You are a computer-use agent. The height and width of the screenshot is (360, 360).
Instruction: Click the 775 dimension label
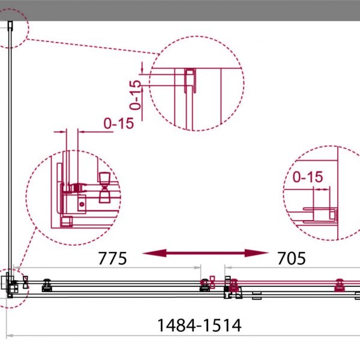click(x=113, y=259)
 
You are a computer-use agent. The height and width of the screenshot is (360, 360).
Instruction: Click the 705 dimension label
click(x=292, y=259)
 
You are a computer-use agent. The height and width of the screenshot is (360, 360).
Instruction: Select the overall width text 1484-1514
click(x=199, y=325)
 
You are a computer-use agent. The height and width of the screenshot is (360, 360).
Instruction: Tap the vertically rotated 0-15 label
click(x=135, y=95)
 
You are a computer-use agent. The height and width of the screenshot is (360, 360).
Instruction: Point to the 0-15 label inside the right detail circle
click(x=308, y=177)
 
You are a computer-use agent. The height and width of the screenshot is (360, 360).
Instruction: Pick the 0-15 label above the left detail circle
click(x=119, y=124)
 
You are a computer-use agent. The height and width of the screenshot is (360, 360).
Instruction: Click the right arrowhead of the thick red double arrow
click(x=256, y=253)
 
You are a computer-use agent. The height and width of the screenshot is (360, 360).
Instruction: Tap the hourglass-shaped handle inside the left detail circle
click(x=104, y=188)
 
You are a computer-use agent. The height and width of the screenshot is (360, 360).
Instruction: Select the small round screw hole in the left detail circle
click(x=82, y=204)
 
